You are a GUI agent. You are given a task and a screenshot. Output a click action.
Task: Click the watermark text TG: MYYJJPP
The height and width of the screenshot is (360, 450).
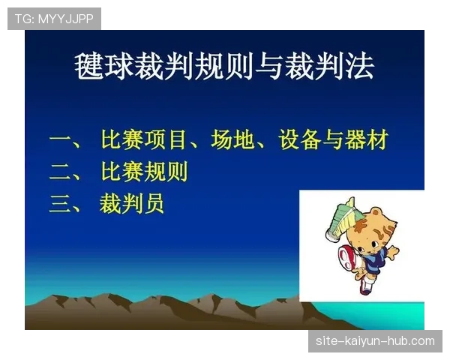tap(54, 19)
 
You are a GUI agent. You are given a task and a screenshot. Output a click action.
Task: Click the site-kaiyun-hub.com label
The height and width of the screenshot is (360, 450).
tap(375, 341)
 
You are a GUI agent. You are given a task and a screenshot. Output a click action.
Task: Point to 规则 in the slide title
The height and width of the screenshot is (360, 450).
tap(224, 67)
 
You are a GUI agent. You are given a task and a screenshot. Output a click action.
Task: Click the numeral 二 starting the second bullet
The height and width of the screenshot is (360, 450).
tap(60, 172)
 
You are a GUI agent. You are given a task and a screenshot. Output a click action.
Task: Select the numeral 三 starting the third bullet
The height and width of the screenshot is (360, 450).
tap(60, 204)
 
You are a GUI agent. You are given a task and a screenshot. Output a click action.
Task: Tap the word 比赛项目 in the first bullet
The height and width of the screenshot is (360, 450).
tap(144, 140)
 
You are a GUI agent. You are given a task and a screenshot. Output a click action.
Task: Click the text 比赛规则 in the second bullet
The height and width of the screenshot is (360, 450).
tap(144, 172)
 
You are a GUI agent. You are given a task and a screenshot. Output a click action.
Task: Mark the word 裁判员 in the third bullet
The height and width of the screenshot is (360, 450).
tap(132, 204)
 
